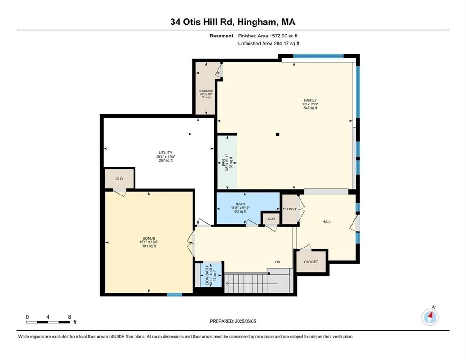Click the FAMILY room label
point(310,100)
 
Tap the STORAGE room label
point(206,91)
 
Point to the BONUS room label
point(149,239)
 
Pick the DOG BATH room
point(207,275)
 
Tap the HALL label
point(327,222)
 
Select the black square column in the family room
point(278,135)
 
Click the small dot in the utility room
point(189,134)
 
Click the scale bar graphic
point(48,322)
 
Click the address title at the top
point(233,22)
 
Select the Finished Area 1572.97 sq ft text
point(268,36)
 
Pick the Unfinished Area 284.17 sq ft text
point(268,43)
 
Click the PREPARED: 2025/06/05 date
point(233,321)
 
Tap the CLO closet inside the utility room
point(120,179)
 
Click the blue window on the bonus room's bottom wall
point(174,294)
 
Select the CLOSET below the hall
point(311,262)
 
